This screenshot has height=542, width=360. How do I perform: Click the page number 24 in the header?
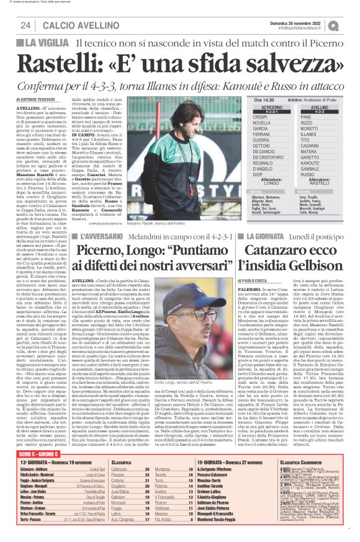[x=25, y=25]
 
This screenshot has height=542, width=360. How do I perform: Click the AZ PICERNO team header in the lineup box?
[x=263, y=107]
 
